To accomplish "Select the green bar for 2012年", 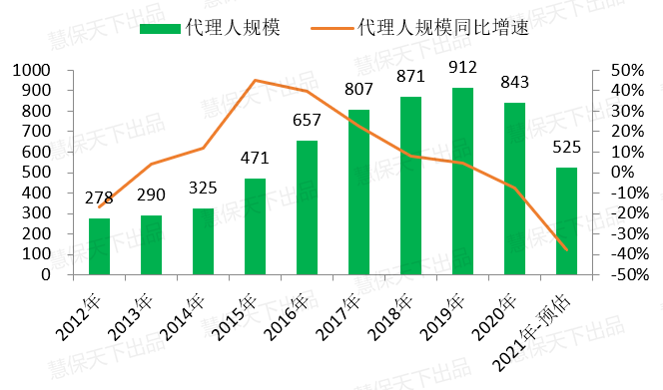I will (100, 245).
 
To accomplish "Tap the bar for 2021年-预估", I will (566, 220).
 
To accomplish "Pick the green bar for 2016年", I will (307, 207).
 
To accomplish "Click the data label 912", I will (462, 70).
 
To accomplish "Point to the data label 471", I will (256, 159).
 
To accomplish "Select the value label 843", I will (514, 83).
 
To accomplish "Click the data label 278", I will (100, 198).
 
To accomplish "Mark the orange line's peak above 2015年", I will (256, 80).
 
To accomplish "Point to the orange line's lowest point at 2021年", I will (566, 250).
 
